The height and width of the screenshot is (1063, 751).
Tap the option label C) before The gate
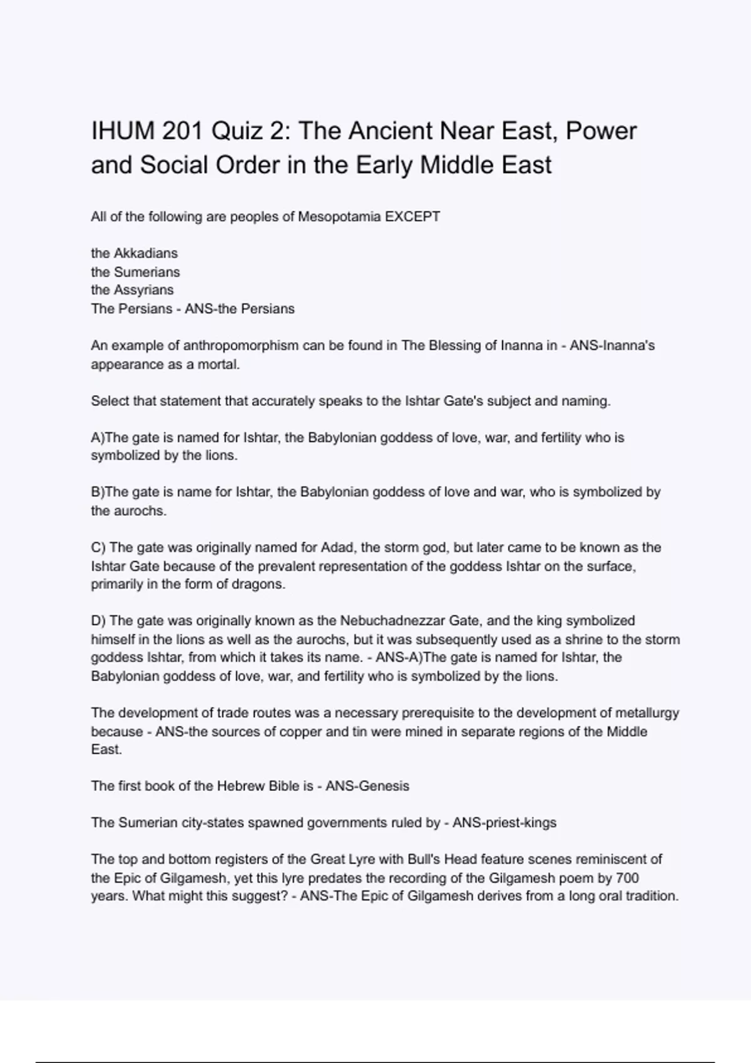(x=98, y=548)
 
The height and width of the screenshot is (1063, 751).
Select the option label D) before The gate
(x=98, y=621)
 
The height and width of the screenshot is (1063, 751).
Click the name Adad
(x=337, y=548)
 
